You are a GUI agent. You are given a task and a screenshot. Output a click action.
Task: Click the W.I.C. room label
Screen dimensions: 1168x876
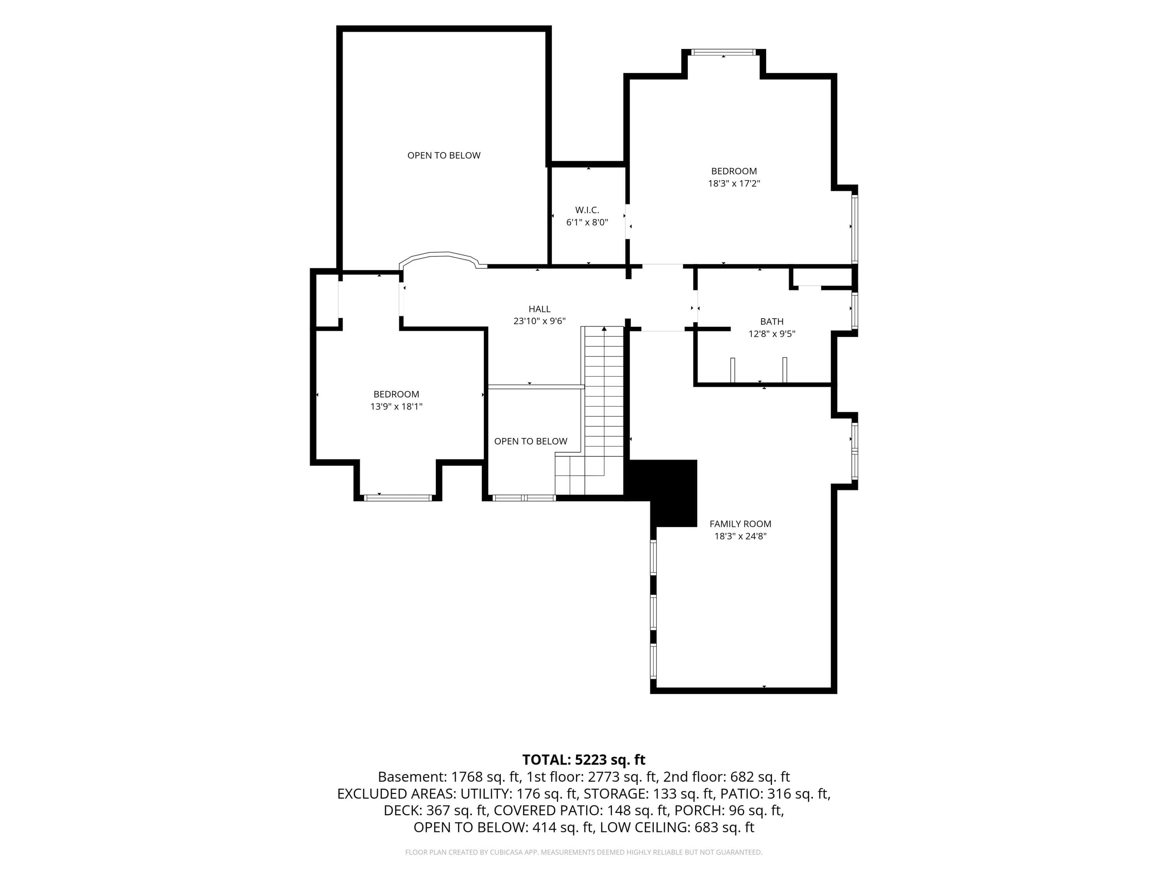(x=587, y=210)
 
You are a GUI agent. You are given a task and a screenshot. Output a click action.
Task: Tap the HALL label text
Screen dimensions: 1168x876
(x=539, y=309)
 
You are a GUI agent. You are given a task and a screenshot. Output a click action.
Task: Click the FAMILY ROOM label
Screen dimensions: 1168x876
(x=740, y=524)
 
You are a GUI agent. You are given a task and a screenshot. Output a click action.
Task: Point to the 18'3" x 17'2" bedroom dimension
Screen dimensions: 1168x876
(x=734, y=184)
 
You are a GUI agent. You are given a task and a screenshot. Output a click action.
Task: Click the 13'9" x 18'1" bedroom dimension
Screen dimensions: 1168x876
(x=396, y=406)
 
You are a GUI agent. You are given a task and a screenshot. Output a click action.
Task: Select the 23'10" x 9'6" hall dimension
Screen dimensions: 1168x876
(x=539, y=321)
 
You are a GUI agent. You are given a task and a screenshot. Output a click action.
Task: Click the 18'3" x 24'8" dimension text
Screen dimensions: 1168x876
(x=740, y=537)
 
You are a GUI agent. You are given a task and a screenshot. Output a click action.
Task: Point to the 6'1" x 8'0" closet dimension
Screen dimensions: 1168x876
(x=587, y=223)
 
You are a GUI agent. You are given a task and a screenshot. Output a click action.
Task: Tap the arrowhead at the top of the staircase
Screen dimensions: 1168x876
(x=604, y=329)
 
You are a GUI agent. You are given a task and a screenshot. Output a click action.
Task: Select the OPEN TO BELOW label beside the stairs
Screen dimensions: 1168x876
(x=531, y=442)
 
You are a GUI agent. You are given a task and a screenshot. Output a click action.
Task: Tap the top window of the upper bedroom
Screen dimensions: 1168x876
(x=723, y=52)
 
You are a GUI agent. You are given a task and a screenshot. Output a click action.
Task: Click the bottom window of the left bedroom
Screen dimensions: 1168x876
(x=398, y=498)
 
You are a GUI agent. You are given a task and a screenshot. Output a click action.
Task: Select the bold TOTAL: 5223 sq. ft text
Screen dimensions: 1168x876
(x=584, y=760)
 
